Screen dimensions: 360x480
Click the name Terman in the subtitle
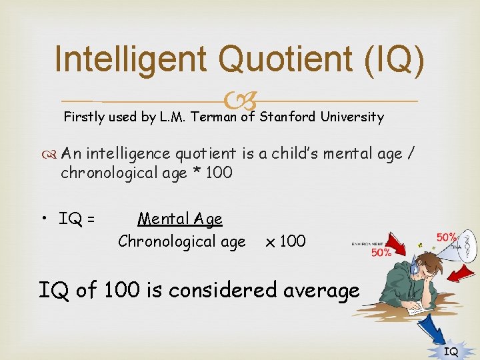[213, 117]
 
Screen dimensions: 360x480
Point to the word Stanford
[288, 117]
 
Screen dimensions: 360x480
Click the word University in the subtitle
[351, 117]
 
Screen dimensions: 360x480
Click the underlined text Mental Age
[179, 219]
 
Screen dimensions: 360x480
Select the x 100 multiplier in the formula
[285, 241]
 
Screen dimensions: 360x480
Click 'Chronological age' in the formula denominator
[181, 241]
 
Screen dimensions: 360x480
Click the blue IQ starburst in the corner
[451, 350]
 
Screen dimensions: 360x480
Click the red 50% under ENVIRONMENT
[381, 253]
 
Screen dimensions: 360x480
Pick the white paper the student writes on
[419, 308]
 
